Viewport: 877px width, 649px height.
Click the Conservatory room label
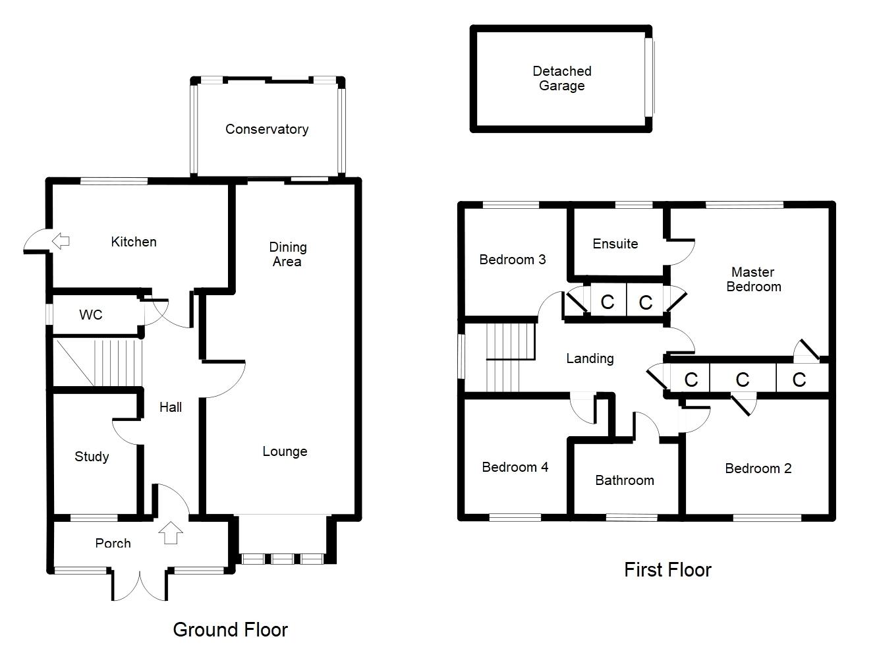pyautogui.click(x=267, y=129)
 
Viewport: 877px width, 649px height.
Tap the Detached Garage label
pyautogui.click(x=562, y=78)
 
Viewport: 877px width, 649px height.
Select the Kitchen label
pyautogui.click(x=134, y=242)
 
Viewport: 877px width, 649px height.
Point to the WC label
pyautogui.click(x=91, y=315)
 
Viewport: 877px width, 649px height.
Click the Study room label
pyautogui.click(x=92, y=457)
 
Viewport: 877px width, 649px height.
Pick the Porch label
pyautogui.click(x=113, y=543)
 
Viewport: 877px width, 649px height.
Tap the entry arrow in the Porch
pyautogui.click(x=171, y=532)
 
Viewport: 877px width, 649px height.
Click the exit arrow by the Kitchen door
pyautogui.click(x=61, y=241)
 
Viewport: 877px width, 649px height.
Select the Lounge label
pyautogui.click(x=285, y=451)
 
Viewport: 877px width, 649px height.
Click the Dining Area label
pyautogui.click(x=287, y=254)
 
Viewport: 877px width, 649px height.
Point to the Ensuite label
pyautogui.click(x=615, y=244)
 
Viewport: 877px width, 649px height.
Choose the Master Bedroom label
pyautogui.click(x=753, y=279)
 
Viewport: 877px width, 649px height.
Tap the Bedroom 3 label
pyautogui.click(x=513, y=260)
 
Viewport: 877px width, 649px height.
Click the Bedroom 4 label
pyautogui.click(x=515, y=467)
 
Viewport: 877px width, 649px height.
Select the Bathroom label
pyautogui.click(x=624, y=480)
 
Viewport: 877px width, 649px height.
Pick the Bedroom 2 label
pyautogui.click(x=758, y=468)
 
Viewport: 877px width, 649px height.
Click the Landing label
pyautogui.click(x=590, y=358)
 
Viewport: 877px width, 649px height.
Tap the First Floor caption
pyautogui.click(x=667, y=570)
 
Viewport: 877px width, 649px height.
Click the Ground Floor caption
pyautogui.click(x=231, y=630)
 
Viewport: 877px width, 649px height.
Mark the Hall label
pyautogui.click(x=171, y=407)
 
